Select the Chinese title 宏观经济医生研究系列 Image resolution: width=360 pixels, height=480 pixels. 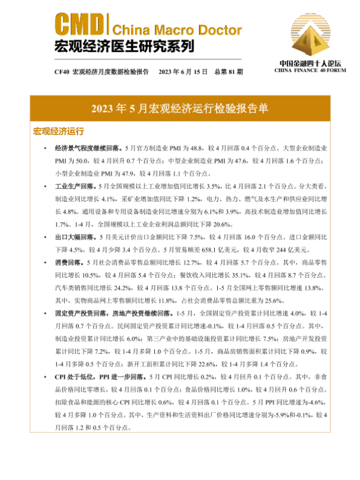pos(124,46)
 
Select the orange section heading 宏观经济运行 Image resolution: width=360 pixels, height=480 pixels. pos(58,131)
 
